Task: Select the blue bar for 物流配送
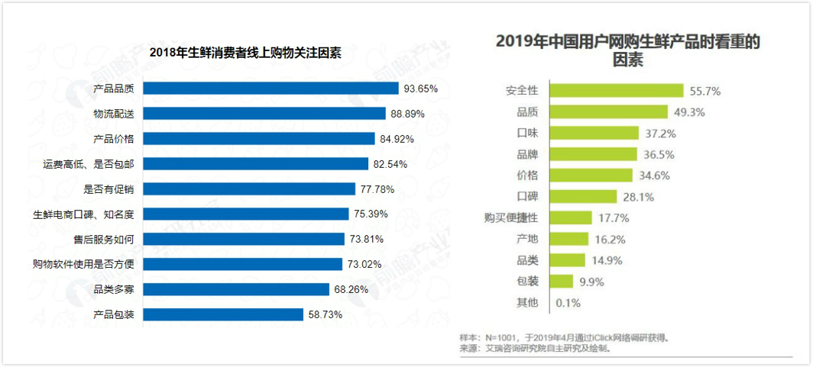point(264,114)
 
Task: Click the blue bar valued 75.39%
point(245,214)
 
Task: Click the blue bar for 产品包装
point(222,314)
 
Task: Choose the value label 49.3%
point(688,112)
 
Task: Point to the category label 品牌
point(527,154)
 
